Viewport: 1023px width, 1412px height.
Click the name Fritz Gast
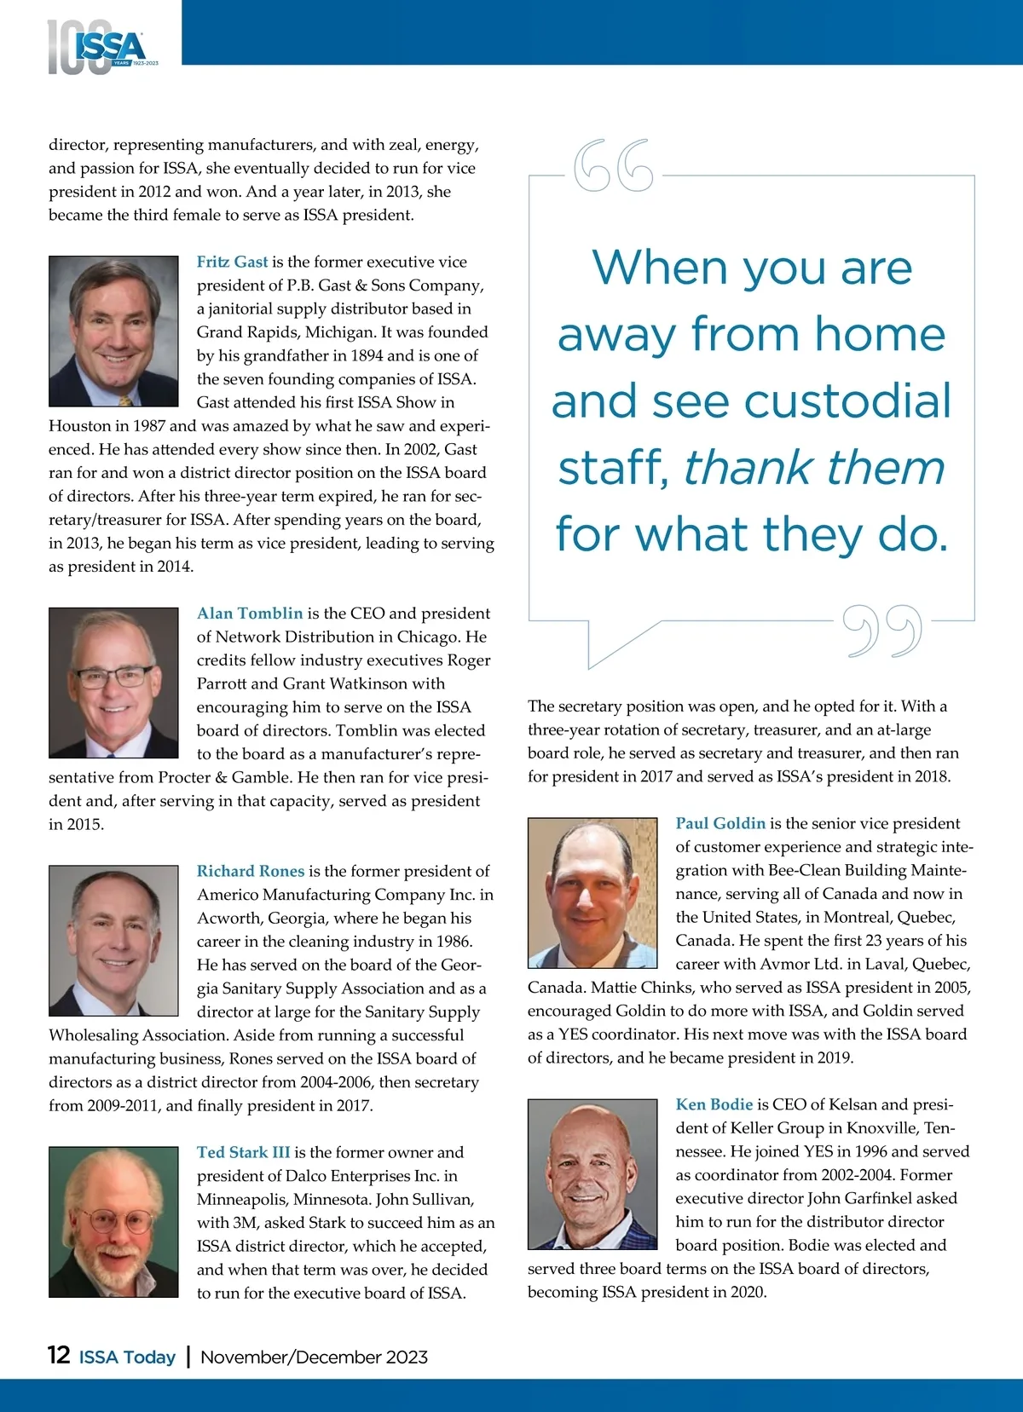click(x=232, y=262)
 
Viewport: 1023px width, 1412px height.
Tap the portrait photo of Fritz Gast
click(x=113, y=331)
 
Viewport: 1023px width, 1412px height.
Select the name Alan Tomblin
click(x=250, y=613)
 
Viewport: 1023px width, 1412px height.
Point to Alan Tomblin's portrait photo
click(x=113, y=683)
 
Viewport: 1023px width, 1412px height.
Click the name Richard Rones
click(x=250, y=871)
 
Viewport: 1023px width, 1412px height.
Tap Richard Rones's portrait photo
click(x=113, y=941)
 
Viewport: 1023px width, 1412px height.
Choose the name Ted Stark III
click(x=243, y=1152)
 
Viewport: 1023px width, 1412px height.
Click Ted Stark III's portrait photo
click(x=113, y=1222)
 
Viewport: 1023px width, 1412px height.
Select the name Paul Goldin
click(x=720, y=823)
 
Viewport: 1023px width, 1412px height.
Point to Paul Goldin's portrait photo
click(x=592, y=893)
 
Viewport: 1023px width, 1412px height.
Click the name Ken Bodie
click(x=714, y=1104)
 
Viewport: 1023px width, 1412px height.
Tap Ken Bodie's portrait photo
click(x=592, y=1174)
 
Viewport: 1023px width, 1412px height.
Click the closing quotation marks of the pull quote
click(x=882, y=631)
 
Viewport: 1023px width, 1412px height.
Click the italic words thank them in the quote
click(x=814, y=468)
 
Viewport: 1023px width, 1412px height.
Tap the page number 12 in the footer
click(x=59, y=1355)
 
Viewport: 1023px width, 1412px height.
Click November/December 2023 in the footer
click(x=314, y=1357)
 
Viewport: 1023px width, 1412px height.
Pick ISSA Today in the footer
click(x=127, y=1357)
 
